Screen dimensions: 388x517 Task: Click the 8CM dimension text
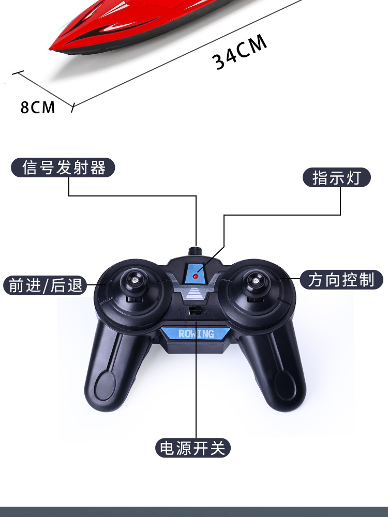[38, 107]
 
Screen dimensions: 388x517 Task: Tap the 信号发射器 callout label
[64, 168]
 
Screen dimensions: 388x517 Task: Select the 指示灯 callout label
[336, 177]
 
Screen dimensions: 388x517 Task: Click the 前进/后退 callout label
[45, 285]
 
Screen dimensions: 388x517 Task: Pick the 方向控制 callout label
[341, 280]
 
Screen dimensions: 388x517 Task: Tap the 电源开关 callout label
[192, 448]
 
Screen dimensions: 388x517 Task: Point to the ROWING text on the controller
[196, 334]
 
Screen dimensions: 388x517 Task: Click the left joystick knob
[134, 280]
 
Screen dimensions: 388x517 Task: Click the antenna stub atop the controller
[196, 251]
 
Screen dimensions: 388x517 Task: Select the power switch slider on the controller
[196, 311]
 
